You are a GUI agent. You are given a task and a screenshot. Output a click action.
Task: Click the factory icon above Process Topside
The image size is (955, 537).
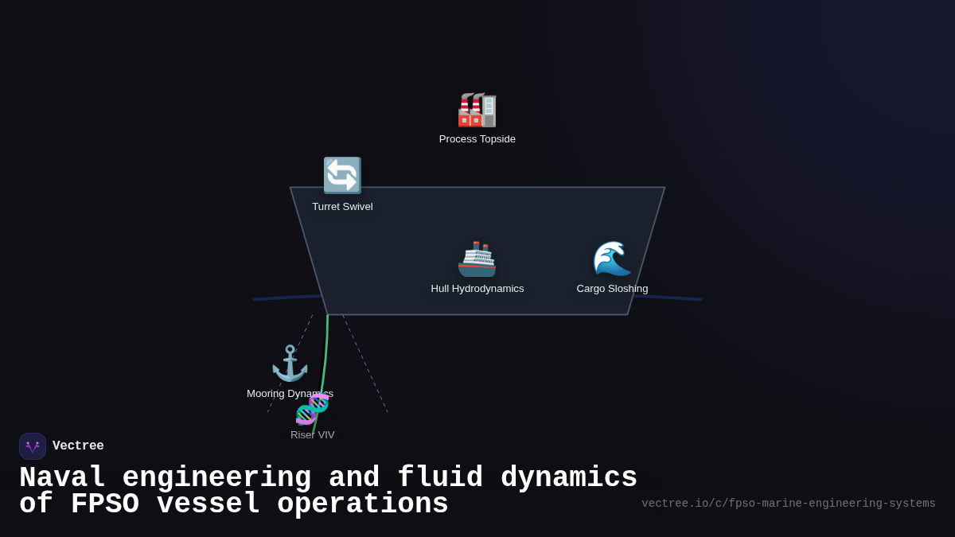point(477,110)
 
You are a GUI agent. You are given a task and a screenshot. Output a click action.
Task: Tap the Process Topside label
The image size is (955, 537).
point(477,139)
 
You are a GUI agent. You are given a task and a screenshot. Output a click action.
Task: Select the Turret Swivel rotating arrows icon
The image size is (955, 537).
point(342,176)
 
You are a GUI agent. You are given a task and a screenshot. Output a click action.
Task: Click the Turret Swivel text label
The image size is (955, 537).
point(342,207)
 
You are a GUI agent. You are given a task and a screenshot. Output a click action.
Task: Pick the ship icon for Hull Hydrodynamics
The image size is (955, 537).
point(477,259)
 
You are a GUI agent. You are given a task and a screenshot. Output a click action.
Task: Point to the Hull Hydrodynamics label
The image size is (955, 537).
point(477,289)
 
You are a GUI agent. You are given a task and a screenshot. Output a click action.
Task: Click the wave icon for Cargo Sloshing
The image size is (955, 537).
point(612,259)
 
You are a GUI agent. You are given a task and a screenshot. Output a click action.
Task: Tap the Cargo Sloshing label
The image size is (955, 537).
point(612,289)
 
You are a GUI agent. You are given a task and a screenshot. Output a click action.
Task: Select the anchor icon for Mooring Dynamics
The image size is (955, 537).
point(290,363)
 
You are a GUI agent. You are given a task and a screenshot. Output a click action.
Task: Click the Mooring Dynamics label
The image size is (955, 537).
point(290,394)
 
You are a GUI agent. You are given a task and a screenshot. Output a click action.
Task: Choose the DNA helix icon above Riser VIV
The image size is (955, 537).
point(312,409)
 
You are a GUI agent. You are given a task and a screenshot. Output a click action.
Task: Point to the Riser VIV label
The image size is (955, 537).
point(312,435)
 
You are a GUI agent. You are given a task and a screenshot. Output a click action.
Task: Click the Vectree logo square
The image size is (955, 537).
point(33,446)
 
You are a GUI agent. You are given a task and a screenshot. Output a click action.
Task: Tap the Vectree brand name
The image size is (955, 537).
point(78,446)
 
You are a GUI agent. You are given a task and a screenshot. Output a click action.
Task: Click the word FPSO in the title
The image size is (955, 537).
point(104,504)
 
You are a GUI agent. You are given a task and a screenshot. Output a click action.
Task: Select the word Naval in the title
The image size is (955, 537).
point(62,478)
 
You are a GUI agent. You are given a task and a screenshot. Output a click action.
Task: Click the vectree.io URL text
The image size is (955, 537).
point(788,504)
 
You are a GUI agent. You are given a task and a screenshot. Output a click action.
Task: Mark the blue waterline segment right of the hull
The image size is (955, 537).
point(668,298)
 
